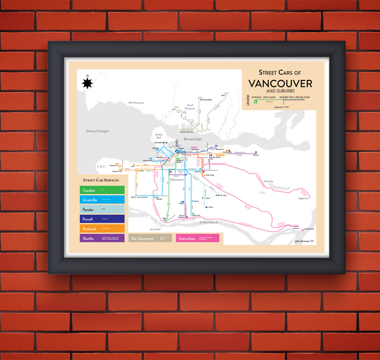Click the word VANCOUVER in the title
[280, 84]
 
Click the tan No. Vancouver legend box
[151, 238]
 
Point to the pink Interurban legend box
[198, 238]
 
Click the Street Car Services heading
[101, 181]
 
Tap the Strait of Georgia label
[98, 131]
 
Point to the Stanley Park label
[159, 136]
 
